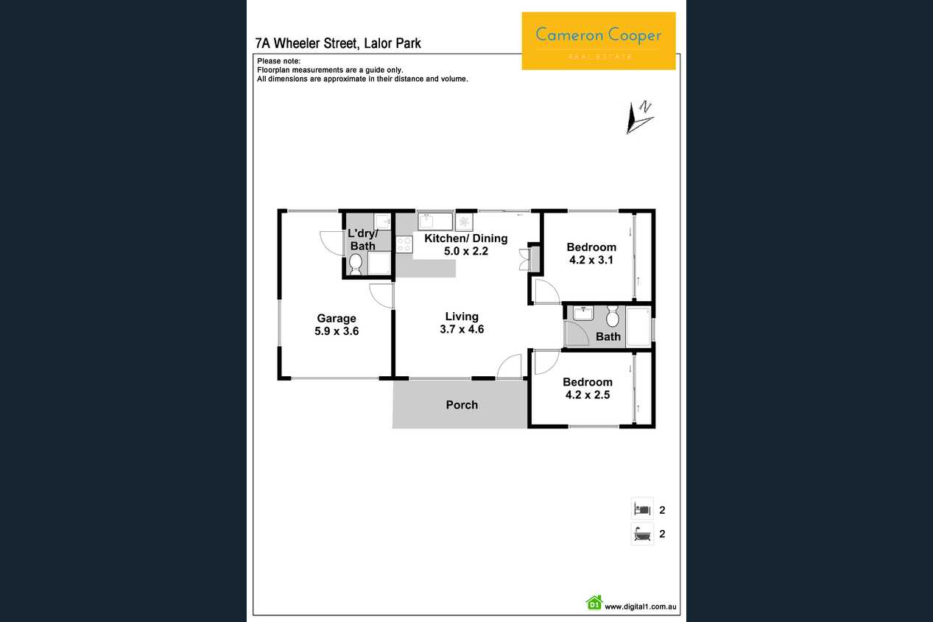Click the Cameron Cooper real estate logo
[x=599, y=40]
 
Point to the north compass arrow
[x=639, y=117]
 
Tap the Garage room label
[x=337, y=318]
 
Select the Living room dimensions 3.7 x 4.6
[x=462, y=329]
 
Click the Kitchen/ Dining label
[x=465, y=238]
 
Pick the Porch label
[x=462, y=405]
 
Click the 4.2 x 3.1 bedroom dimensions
[x=591, y=260]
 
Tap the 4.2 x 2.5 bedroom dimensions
[x=588, y=395]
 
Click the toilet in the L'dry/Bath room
[x=355, y=264]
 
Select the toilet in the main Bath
[x=612, y=317]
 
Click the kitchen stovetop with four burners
[x=404, y=244]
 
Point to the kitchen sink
[x=435, y=222]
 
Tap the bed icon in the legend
[x=642, y=509]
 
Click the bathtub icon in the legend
[x=642, y=534]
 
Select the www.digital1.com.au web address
[x=640, y=607]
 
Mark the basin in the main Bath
[x=583, y=313]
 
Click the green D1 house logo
[x=594, y=602]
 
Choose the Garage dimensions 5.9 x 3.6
[x=337, y=331]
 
